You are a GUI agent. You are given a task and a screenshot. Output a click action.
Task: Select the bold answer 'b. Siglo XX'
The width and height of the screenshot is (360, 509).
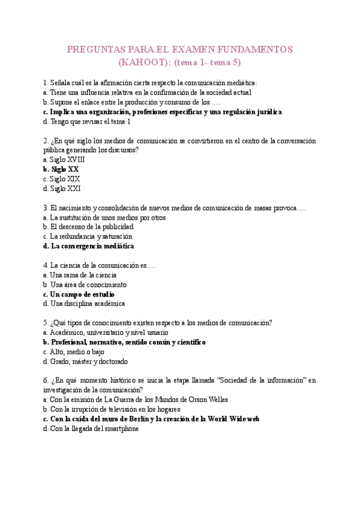(x=61, y=169)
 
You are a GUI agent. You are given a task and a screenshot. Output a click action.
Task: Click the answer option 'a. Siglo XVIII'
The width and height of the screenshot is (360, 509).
(x=64, y=160)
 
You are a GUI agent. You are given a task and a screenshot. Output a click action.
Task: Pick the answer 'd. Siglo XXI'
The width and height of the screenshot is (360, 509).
(x=62, y=188)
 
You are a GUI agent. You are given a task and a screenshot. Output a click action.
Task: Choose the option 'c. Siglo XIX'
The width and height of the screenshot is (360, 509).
(x=62, y=179)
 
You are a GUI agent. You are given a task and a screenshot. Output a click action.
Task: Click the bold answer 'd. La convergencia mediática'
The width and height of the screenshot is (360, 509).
(x=89, y=246)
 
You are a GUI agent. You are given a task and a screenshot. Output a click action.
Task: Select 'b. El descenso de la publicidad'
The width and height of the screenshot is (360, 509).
(x=88, y=227)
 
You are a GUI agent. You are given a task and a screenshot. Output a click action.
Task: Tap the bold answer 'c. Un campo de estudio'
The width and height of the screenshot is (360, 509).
(x=79, y=294)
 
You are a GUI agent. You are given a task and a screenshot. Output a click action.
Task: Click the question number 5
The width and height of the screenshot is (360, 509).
(x=46, y=323)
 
